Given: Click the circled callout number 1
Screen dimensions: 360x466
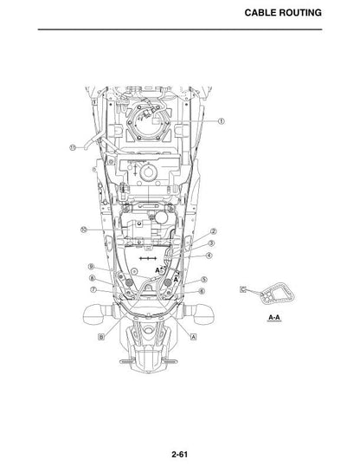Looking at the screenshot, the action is pos(221,121).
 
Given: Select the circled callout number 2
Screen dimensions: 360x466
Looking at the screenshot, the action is pos(213,231).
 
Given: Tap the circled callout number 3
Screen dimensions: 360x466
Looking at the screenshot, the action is pos(211,243).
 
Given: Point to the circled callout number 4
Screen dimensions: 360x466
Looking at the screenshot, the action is pos(209,256).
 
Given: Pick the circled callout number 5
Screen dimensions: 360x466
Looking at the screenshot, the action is pos(203,280).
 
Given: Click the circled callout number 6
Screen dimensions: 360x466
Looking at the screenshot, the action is pos(202,291).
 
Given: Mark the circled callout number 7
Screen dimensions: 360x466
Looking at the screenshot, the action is pos(93,289).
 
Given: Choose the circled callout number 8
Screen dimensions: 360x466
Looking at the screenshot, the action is pos(92,278).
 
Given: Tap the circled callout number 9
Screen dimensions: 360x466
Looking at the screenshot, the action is pos(92,267).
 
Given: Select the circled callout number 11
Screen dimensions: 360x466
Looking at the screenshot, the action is pos(73,147).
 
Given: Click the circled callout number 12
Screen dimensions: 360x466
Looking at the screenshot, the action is pos(84,230).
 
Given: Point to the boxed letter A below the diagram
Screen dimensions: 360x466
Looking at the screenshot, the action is pos(193,337).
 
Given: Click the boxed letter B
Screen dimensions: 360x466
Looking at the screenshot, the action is pos(101,337).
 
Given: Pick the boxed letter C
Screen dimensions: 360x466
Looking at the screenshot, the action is pos(243,289).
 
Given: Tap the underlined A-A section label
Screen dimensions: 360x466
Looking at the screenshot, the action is pos(273,318).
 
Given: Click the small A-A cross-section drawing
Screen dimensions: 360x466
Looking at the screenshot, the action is pos(277,294).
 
